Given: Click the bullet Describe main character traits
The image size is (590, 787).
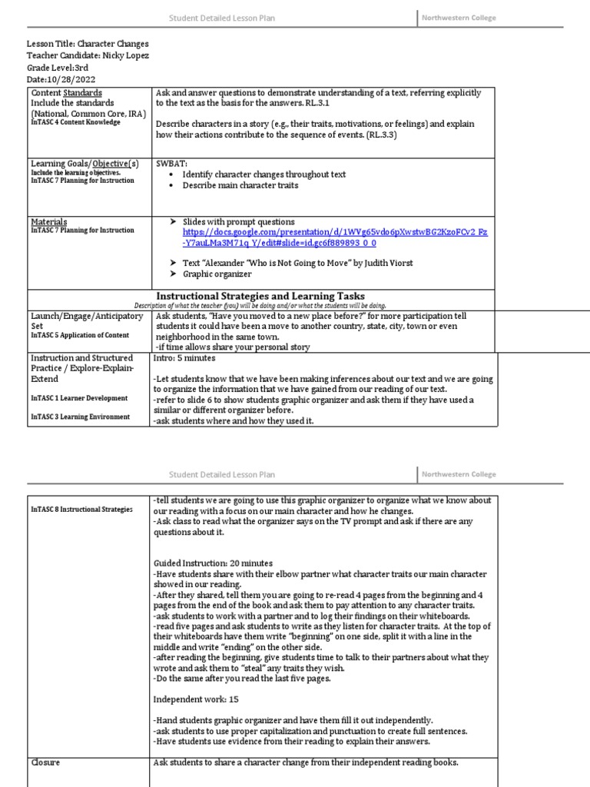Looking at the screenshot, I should click(x=240, y=185).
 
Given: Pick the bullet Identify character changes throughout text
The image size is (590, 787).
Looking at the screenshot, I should click(x=264, y=174).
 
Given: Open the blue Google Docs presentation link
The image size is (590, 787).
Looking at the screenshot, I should click(x=334, y=237).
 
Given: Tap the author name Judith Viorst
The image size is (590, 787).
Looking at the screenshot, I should click(x=386, y=263).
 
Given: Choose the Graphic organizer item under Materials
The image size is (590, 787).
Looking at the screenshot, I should click(x=217, y=274).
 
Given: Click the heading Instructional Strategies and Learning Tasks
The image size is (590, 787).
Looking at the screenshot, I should click(x=260, y=296).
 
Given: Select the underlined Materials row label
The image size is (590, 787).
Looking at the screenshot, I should click(x=48, y=221).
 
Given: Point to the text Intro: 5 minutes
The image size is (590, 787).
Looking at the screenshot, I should click(x=185, y=358).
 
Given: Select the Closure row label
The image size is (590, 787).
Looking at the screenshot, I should click(x=45, y=762).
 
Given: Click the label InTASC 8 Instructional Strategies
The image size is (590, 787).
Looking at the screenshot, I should click(x=81, y=509).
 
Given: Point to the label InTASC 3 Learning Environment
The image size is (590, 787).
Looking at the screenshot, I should click(x=80, y=417).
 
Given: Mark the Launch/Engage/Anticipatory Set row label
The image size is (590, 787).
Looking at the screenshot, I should click(x=86, y=321).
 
